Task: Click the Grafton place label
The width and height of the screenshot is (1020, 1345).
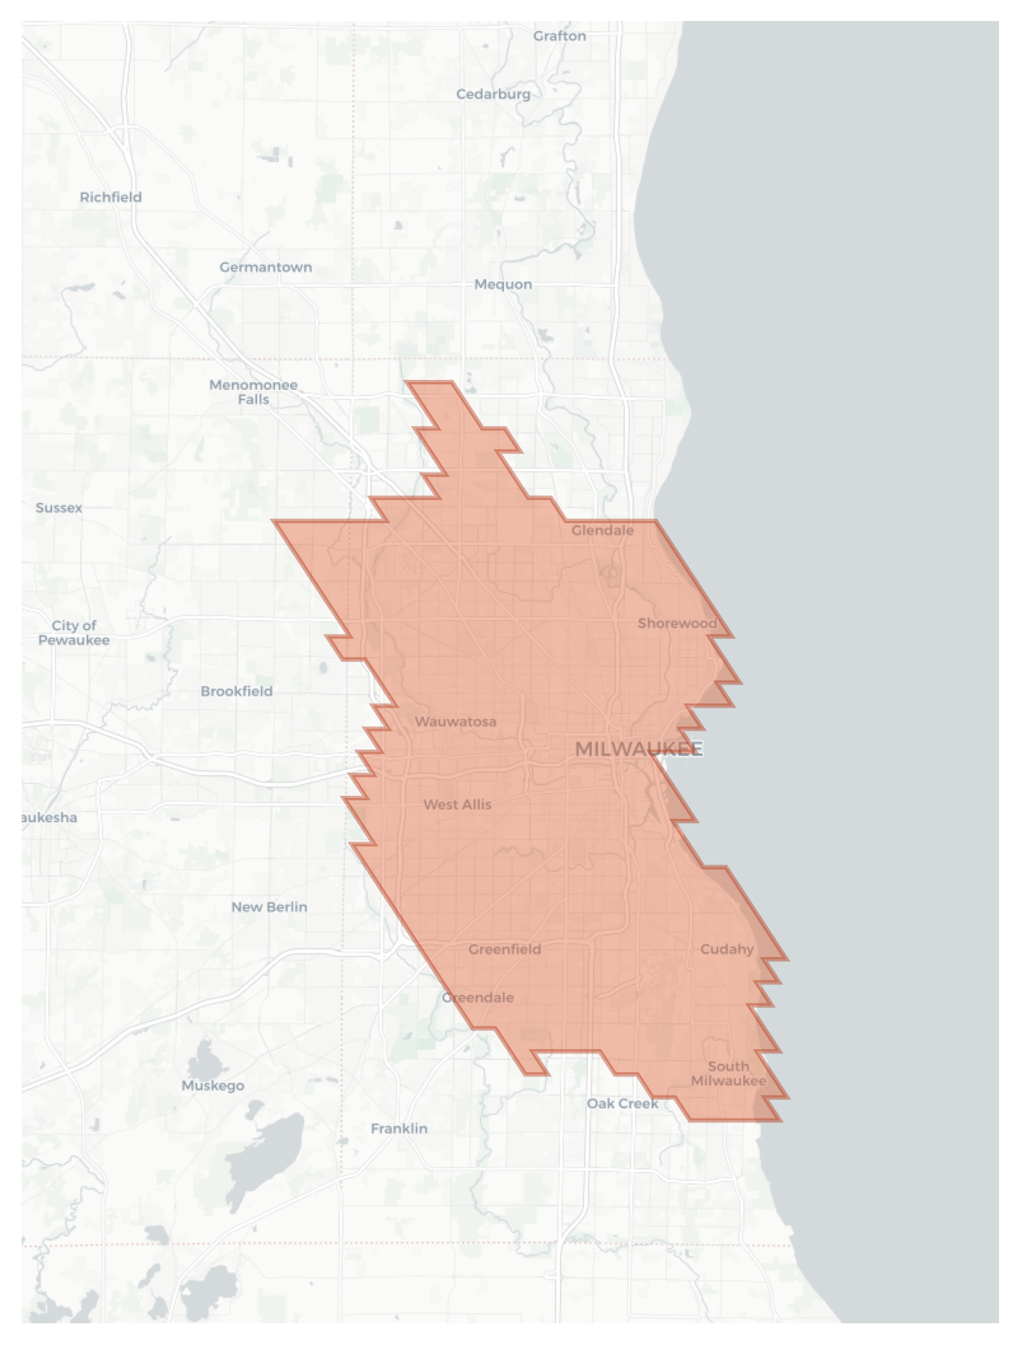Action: (x=559, y=36)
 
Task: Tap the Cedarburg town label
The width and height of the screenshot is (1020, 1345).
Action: (x=493, y=94)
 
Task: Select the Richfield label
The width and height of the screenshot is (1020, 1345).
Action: (x=111, y=197)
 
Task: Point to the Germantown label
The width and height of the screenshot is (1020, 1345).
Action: (x=265, y=267)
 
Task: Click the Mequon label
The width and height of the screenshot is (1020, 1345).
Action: (x=503, y=284)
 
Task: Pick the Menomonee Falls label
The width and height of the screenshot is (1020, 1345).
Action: (x=253, y=392)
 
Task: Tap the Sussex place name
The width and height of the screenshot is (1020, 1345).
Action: (x=59, y=508)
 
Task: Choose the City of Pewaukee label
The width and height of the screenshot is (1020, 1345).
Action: (x=74, y=633)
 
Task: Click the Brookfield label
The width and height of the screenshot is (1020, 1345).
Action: (x=237, y=691)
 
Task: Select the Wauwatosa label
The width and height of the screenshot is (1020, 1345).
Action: (x=456, y=721)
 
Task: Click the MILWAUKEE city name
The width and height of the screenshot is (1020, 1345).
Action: (x=638, y=749)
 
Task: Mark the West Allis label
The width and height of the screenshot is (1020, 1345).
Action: (x=457, y=804)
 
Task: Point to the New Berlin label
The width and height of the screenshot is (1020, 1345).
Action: (x=269, y=907)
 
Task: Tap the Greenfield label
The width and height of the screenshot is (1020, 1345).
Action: (x=504, y=949)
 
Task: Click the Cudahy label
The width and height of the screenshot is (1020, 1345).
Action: (x=726, y=949)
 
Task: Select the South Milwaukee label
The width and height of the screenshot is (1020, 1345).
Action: (x=728, y=1073)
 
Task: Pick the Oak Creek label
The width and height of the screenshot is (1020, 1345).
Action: (x=622, y=1103)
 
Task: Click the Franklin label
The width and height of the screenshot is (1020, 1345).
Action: (x=399, y=1128)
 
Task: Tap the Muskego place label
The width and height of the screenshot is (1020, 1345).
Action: (x=213, y=1085)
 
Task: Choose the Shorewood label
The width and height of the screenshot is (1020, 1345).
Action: (x=677, y=623)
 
